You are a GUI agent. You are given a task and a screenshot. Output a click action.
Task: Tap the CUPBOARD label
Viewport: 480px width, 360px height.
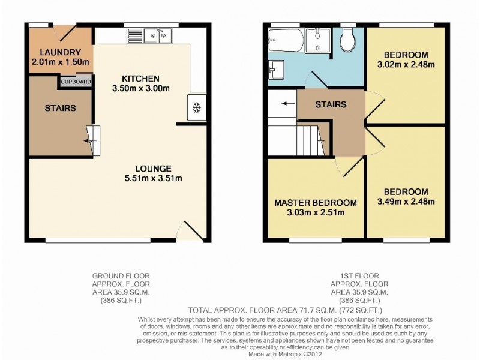(x=76, y=82)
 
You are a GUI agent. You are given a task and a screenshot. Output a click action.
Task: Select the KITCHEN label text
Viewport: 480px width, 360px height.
(x=140, y=79)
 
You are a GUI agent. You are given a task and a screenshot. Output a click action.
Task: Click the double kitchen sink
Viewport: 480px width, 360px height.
(x=157, y=37)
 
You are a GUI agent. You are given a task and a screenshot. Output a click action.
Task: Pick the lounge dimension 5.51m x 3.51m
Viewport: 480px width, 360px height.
(x=154, y=178)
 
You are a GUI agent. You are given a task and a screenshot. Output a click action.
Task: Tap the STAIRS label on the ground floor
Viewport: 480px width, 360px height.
(x=60, y=109)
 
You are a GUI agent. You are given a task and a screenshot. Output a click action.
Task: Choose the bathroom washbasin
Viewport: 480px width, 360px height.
(x=276, y=69)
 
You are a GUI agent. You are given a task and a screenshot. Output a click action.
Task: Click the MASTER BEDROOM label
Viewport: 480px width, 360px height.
(x=316, y=202)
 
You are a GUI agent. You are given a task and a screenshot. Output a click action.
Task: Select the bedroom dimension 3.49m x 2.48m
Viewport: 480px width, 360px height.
(x=406, y=202)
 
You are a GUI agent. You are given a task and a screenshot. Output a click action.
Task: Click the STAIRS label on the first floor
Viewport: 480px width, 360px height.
(x=331, y=104)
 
